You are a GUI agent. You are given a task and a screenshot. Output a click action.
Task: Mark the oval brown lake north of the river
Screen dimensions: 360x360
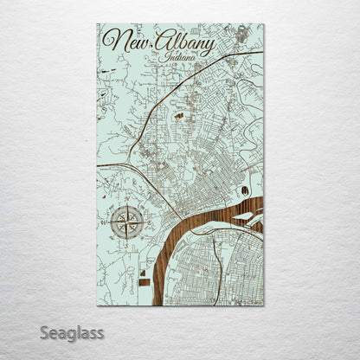(x=244, y=190)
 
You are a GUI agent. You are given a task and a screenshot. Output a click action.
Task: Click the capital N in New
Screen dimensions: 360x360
(x=111, y=40)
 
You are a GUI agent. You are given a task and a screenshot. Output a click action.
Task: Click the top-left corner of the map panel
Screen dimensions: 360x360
(x=97, y=24)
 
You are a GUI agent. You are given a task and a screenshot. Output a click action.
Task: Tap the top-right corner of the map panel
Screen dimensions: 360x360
(x=264, y=24)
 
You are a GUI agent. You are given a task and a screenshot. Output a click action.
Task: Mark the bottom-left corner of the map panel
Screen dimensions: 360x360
(x=97, y=305)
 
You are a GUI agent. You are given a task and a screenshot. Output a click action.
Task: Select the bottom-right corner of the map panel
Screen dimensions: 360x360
(x=264, y=305)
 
